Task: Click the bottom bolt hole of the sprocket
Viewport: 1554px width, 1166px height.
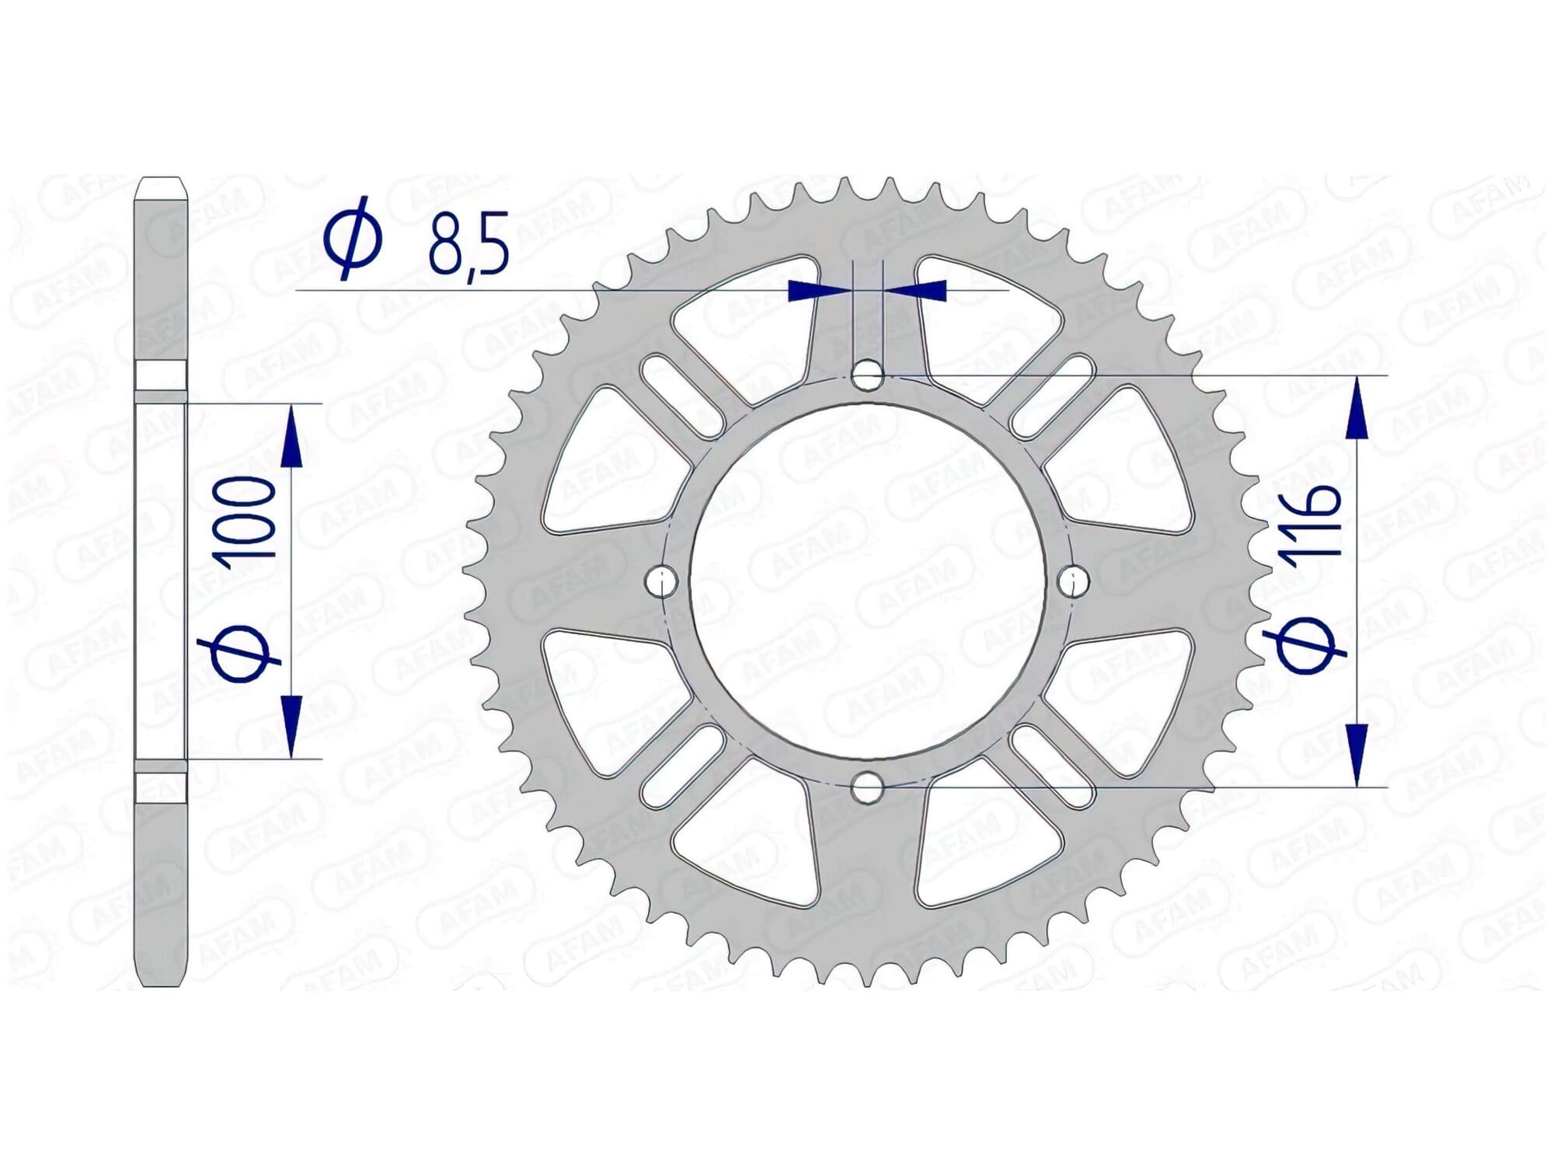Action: click(x=867, y=787)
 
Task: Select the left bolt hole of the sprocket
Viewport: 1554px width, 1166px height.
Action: click(x=661, y=580)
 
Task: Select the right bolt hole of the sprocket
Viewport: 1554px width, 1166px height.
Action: click(x=1075, y=580)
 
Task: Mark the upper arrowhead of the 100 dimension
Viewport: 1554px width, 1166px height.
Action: click(x=291, y=437)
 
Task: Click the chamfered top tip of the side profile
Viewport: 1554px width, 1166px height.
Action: click(x=161, y=190)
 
